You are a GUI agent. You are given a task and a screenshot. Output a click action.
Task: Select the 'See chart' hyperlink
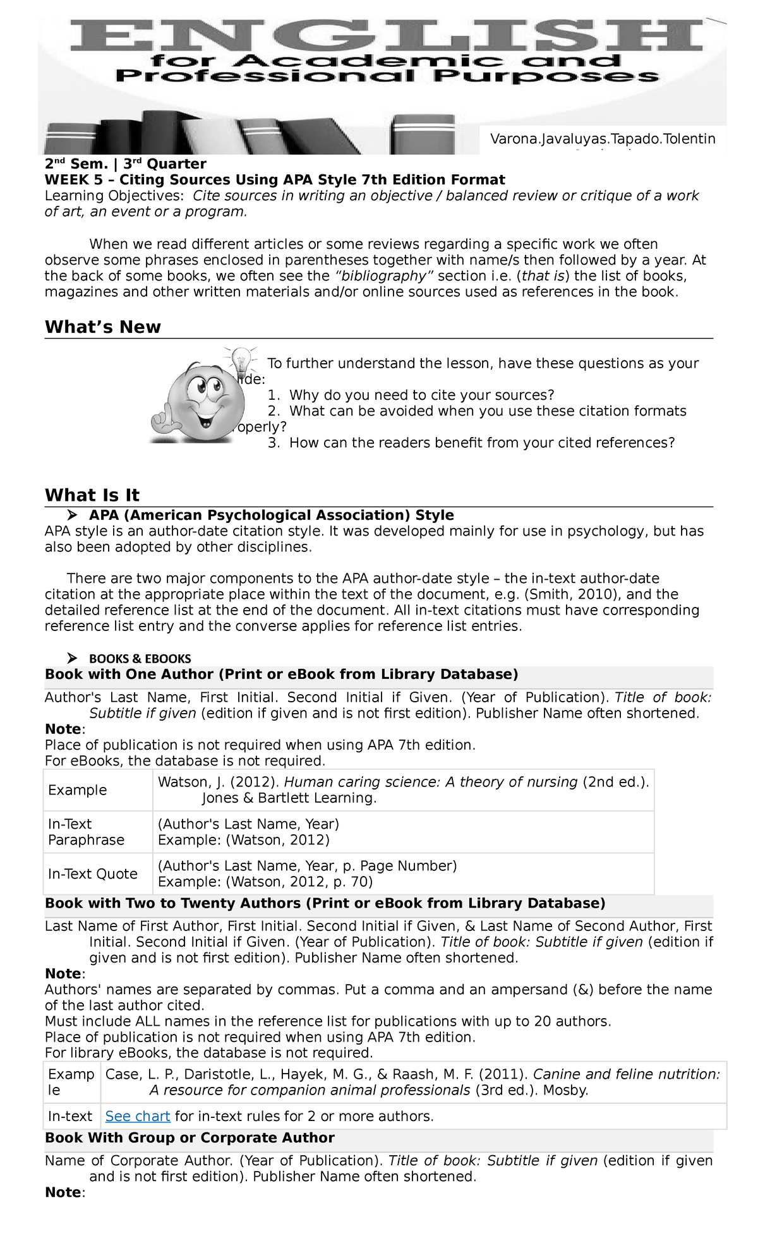pyautogui.click(x=138, y=1116)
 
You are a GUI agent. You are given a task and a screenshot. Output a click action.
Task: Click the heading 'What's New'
pyautogui.click(x=103, y=327)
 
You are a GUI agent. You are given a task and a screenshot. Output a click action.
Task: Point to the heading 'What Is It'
pyautogui.click(x=92, y=495)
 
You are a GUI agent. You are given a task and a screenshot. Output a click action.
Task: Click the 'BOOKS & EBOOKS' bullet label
pyautogui.click(x=140, y=658)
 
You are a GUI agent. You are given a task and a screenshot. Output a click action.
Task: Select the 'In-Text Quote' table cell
pyautogui.click(x=93, y=873)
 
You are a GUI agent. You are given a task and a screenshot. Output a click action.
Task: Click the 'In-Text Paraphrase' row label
pyautogui.click(x=86, y=832)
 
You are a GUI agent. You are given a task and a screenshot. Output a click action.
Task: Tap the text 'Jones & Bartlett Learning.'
pyautogui.click(x=289, y=798)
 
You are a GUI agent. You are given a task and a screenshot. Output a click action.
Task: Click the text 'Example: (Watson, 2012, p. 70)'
pyautogui.click(x=265, y=882)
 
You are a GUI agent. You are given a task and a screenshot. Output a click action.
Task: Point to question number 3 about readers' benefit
pyautogui.click(x=471, y=443)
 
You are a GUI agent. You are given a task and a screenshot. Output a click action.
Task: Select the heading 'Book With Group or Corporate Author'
pyautogui.click(x=189, y=1137)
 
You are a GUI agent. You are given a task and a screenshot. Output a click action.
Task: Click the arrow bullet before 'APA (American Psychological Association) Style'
pyautogui.click(x=73, y=515)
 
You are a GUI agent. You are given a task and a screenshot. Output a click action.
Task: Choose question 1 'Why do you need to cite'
pyautogui.click(x=411, y=395)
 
